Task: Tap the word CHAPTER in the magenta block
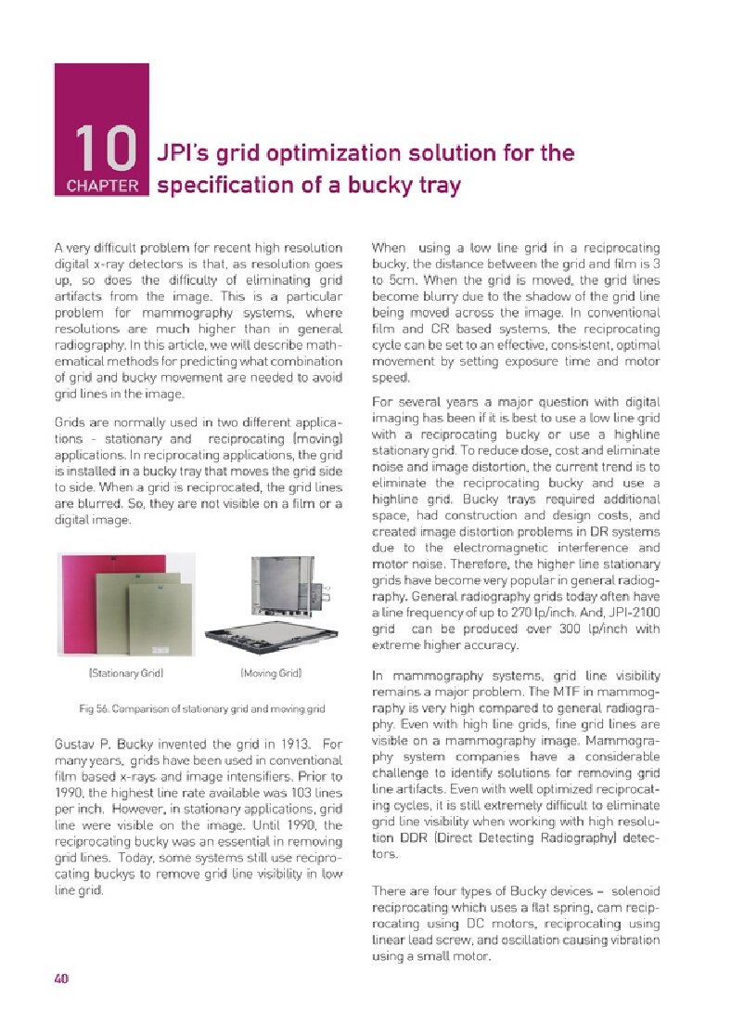tap(102, 185)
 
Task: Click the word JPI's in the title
tap(186, 153)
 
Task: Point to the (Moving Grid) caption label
tap(271, 671)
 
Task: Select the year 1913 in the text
tap(285, 744)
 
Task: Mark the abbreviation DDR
tap(404, 838)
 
